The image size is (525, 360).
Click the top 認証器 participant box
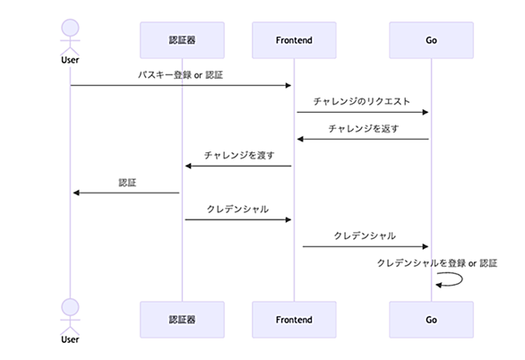click(182, 40)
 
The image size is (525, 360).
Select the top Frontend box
click(294, 40)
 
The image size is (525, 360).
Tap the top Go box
click(431, 40)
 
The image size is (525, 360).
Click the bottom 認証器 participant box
click(182, 320)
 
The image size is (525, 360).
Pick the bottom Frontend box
click(294, 320)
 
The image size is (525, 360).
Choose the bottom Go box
click(431, 320)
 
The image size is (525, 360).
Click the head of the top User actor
click(70, 28)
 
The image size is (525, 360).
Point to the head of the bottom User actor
click(70, 307)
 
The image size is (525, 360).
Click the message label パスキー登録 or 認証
click(180, 75)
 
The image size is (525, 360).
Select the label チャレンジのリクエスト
click(362, 101)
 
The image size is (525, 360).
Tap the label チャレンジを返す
click(364, 128)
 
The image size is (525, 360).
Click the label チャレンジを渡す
click(239, 155)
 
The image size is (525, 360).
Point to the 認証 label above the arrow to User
click(127, 183)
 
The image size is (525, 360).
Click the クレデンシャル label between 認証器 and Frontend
click(237, 210)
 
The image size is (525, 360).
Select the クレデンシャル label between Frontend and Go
click(365, 236)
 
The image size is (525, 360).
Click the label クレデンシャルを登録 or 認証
click(437, 263)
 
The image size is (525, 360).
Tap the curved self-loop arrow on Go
click(462, 279)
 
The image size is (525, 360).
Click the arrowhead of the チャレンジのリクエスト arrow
click(426, 112)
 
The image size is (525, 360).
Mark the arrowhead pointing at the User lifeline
click(76, 193)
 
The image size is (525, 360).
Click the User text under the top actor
click(70, 60)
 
